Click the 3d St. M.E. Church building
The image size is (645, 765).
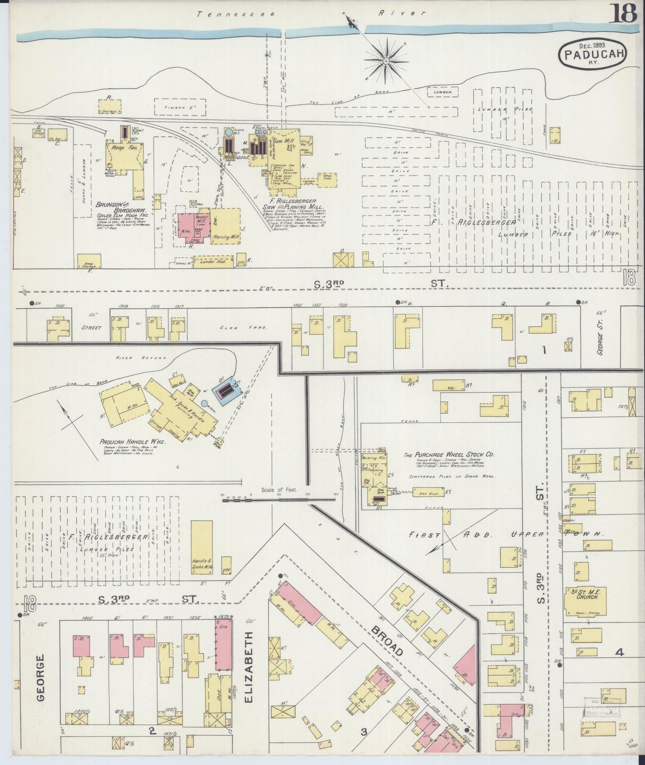[x=584, y=601]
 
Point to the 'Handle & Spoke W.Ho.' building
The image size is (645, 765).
[x=202, y=548]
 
